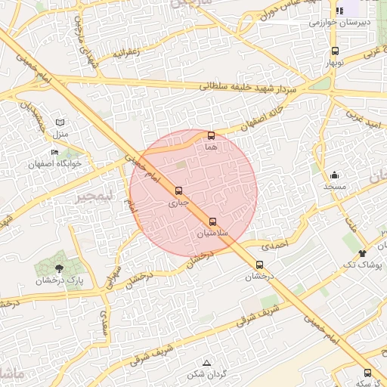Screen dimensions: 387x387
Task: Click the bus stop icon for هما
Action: tap(211, 136)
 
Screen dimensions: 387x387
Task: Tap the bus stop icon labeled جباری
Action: tap(178, 191)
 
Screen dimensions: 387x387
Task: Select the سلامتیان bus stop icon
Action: tap(212, 222)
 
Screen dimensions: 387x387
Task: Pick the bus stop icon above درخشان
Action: tap(260, 265)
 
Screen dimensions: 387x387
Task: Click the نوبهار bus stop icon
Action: tap(335, 51)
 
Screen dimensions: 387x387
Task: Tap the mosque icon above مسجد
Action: tap(334, 175)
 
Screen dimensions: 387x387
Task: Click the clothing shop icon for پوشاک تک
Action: tap(363, 253)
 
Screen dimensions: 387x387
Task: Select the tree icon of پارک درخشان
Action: tap(60, 268)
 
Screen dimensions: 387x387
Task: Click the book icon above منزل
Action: tap(60, 122)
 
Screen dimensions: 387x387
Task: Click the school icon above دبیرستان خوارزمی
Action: tap(339, 11)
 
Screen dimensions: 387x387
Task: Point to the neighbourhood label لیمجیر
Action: tap(93, 196)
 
